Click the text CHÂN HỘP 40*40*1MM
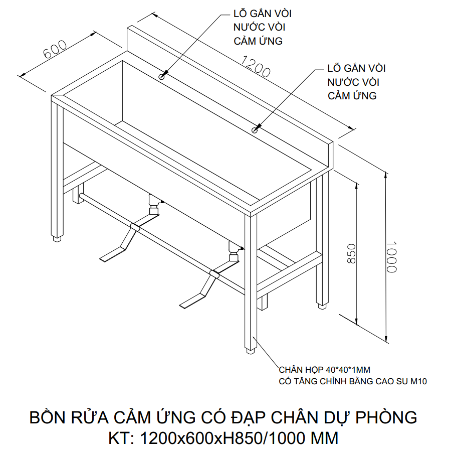pos(324,371)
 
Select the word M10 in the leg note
pos(418,382)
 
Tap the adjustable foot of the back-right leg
pos(321,304)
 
